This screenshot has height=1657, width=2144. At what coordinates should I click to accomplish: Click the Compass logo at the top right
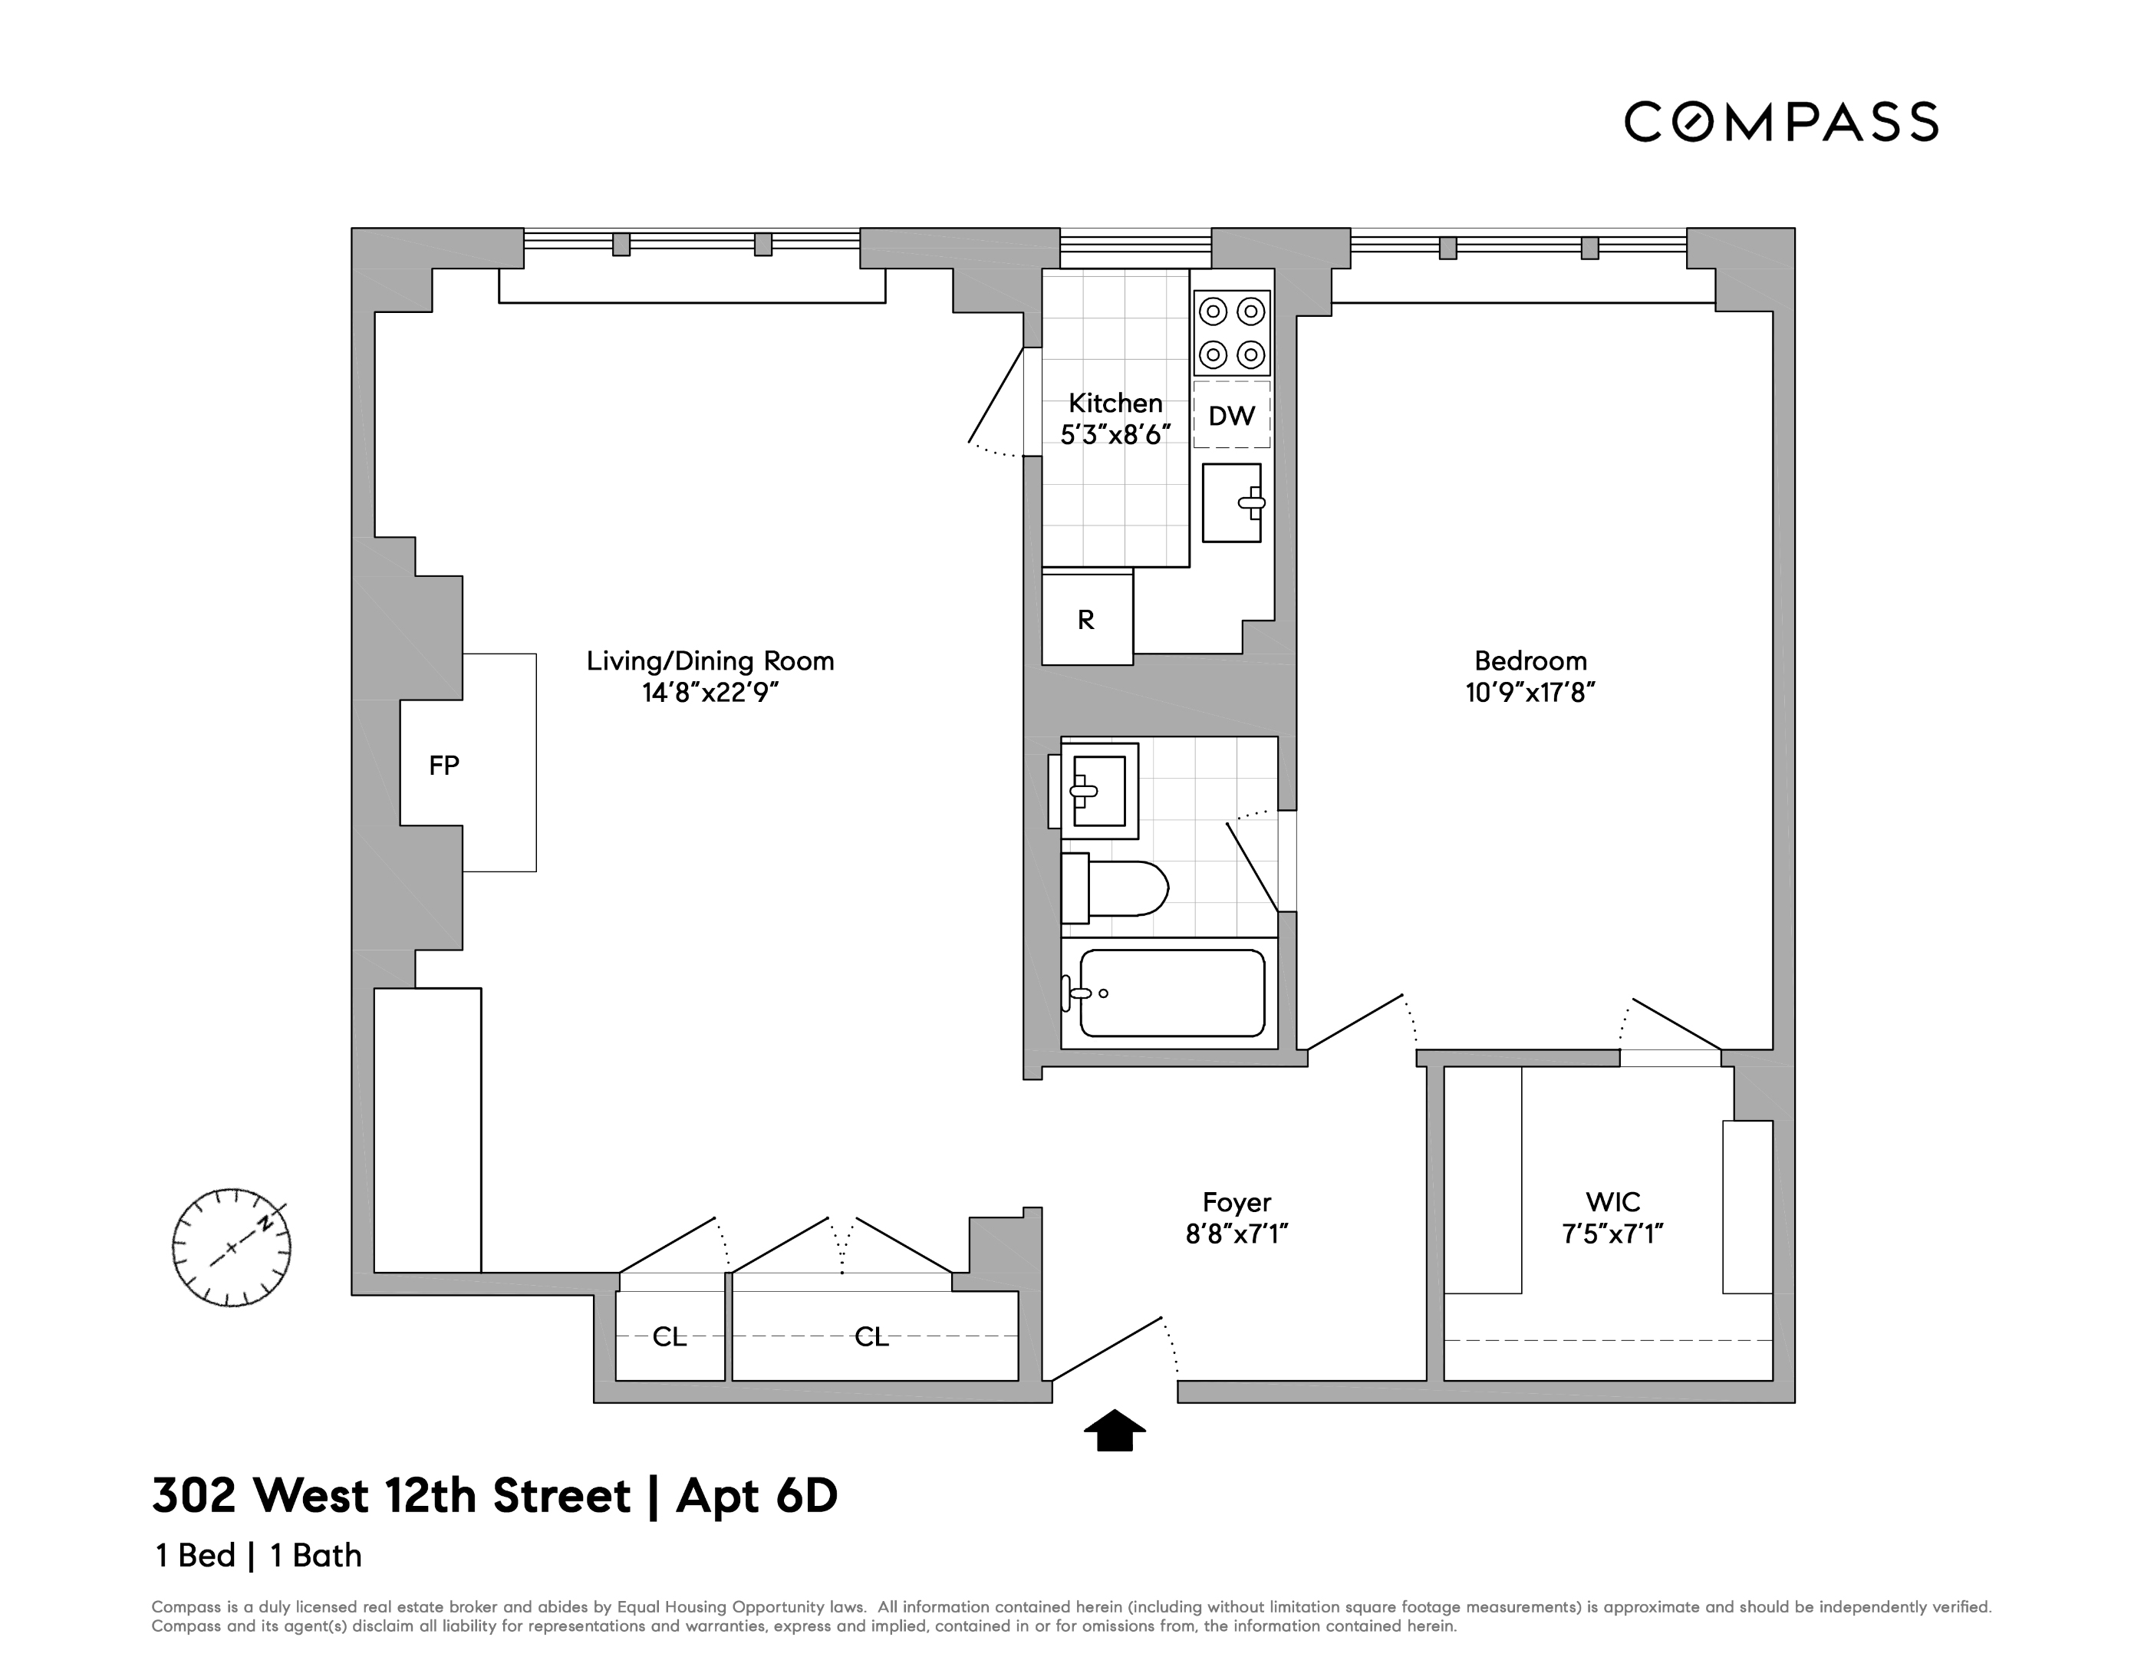tap(1780, 123)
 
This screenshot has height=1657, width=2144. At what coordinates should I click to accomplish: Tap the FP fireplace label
tap(443, 766)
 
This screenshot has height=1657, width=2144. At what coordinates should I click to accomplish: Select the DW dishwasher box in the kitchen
tap(1231, 415)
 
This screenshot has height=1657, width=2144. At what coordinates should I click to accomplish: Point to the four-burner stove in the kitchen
tap(1231, 333)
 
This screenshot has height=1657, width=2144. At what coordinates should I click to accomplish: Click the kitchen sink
tap(1232, 502)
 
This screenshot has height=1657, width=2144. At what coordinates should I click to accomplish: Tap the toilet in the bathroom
tap(1115, 889)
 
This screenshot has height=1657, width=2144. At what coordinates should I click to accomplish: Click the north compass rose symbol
tap(232, 1247)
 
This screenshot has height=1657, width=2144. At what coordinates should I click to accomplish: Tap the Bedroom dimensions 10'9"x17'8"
tap(1530, 693)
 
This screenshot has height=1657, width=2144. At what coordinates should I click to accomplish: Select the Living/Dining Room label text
tap(710, 660)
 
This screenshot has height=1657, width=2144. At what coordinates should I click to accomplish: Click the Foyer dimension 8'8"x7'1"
tap(1236, 1234)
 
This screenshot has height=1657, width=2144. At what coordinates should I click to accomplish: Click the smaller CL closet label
tap(670, 1337)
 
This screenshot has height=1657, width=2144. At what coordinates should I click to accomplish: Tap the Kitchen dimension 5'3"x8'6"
tap(1115, 435)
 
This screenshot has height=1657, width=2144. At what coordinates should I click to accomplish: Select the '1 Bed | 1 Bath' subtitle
tap(259, 1555)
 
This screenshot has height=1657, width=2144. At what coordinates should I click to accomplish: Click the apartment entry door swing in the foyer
tap(1109, 1349)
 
